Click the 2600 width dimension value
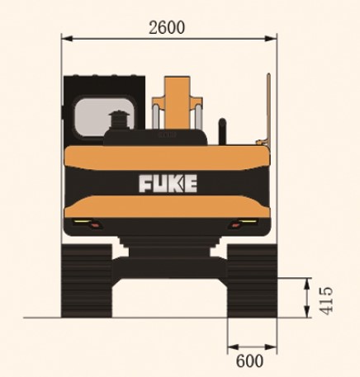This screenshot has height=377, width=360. (167, 26)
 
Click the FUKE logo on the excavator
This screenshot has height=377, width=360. (168, 182)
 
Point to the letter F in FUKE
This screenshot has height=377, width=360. (145, 182)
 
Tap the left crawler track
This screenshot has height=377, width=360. (88, 280)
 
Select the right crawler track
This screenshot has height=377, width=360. (251, 280)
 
